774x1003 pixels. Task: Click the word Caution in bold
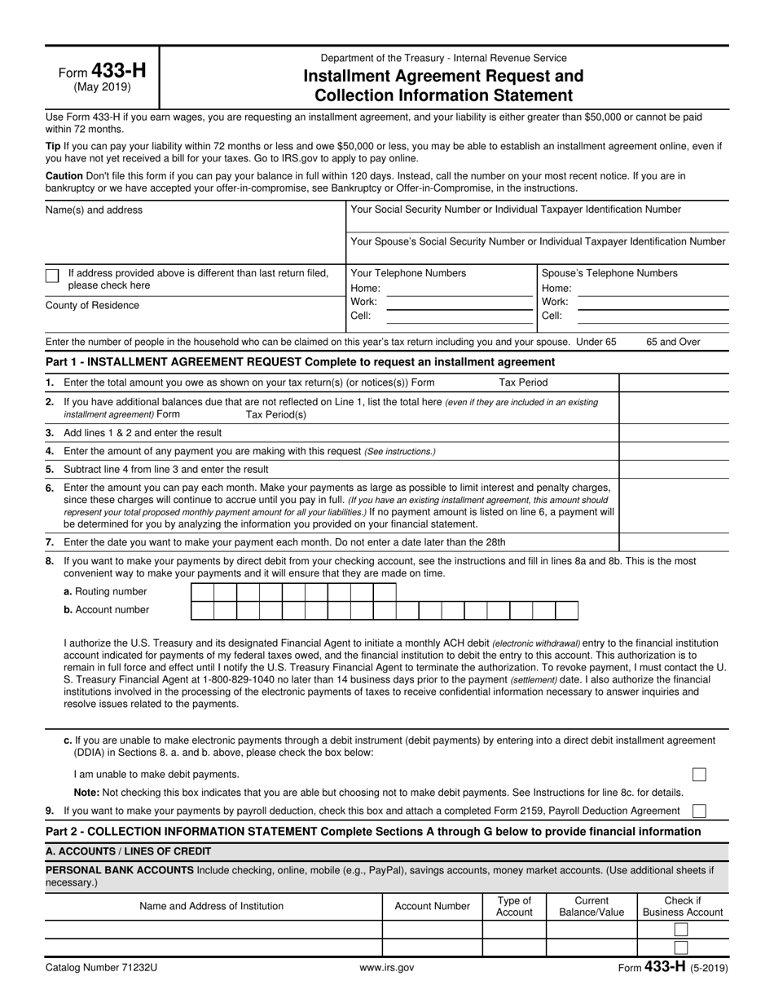click(64, 175)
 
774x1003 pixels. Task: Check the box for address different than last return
click(52, 276)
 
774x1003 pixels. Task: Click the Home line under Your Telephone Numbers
click(459, 289)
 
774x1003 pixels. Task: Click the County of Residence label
click(92, 306)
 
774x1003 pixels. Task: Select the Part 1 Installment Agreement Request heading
click(300, 362)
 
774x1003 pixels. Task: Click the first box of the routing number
click(202, 592)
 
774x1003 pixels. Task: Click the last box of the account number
click(567, 610)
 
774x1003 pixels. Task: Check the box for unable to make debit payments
click(699, 775)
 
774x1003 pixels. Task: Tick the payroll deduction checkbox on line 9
click(699, 811)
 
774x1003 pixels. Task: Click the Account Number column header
click(432, 906)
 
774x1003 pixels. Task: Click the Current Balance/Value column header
click(591, 906)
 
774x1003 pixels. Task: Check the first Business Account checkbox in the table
click(682, 930)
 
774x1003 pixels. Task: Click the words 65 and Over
click(673, 342)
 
